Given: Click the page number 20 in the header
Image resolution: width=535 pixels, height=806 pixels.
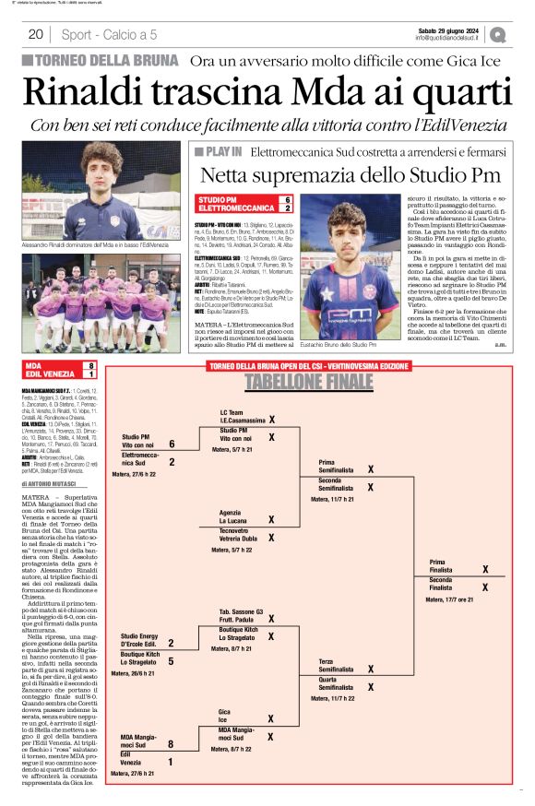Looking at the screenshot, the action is coord(36,35).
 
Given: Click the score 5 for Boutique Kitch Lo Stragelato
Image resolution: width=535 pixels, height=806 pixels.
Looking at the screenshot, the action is coord(171,660).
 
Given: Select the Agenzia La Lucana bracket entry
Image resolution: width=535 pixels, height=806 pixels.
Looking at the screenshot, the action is coord(231,516).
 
